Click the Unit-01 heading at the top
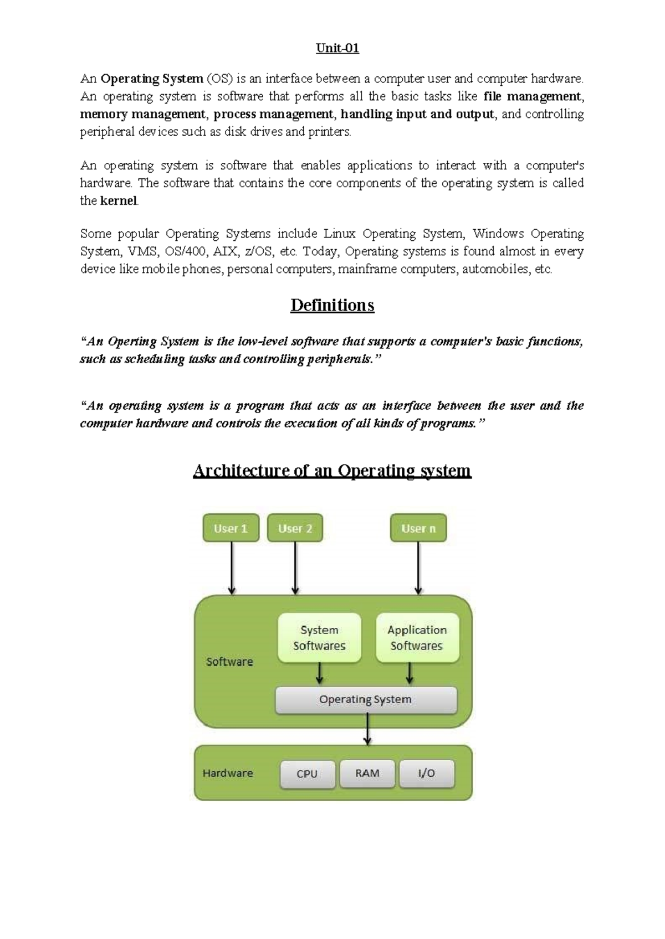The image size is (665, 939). [x=337, y=48]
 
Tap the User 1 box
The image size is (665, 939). [x=231, y=528]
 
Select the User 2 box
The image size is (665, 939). [x=295, y=528]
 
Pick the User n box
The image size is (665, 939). [x=418, y=528]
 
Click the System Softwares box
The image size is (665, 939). [x=319, y=638]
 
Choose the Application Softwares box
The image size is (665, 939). [x=417, y=638]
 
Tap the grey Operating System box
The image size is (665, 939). [x=366, y=700]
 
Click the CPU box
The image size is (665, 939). [x=307, y=773]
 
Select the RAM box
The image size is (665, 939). [x=367, y=773]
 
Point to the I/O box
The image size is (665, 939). [x=426, y=773]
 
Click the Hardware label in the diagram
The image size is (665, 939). [x=228, y=773]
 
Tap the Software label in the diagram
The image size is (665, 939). [x=229, y=662]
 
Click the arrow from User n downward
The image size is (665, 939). [x=418, y=568]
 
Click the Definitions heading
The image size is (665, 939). [x=332, y=305]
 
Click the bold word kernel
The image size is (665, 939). [x=118, y=201]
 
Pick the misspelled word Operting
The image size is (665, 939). [x=132, y=342]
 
